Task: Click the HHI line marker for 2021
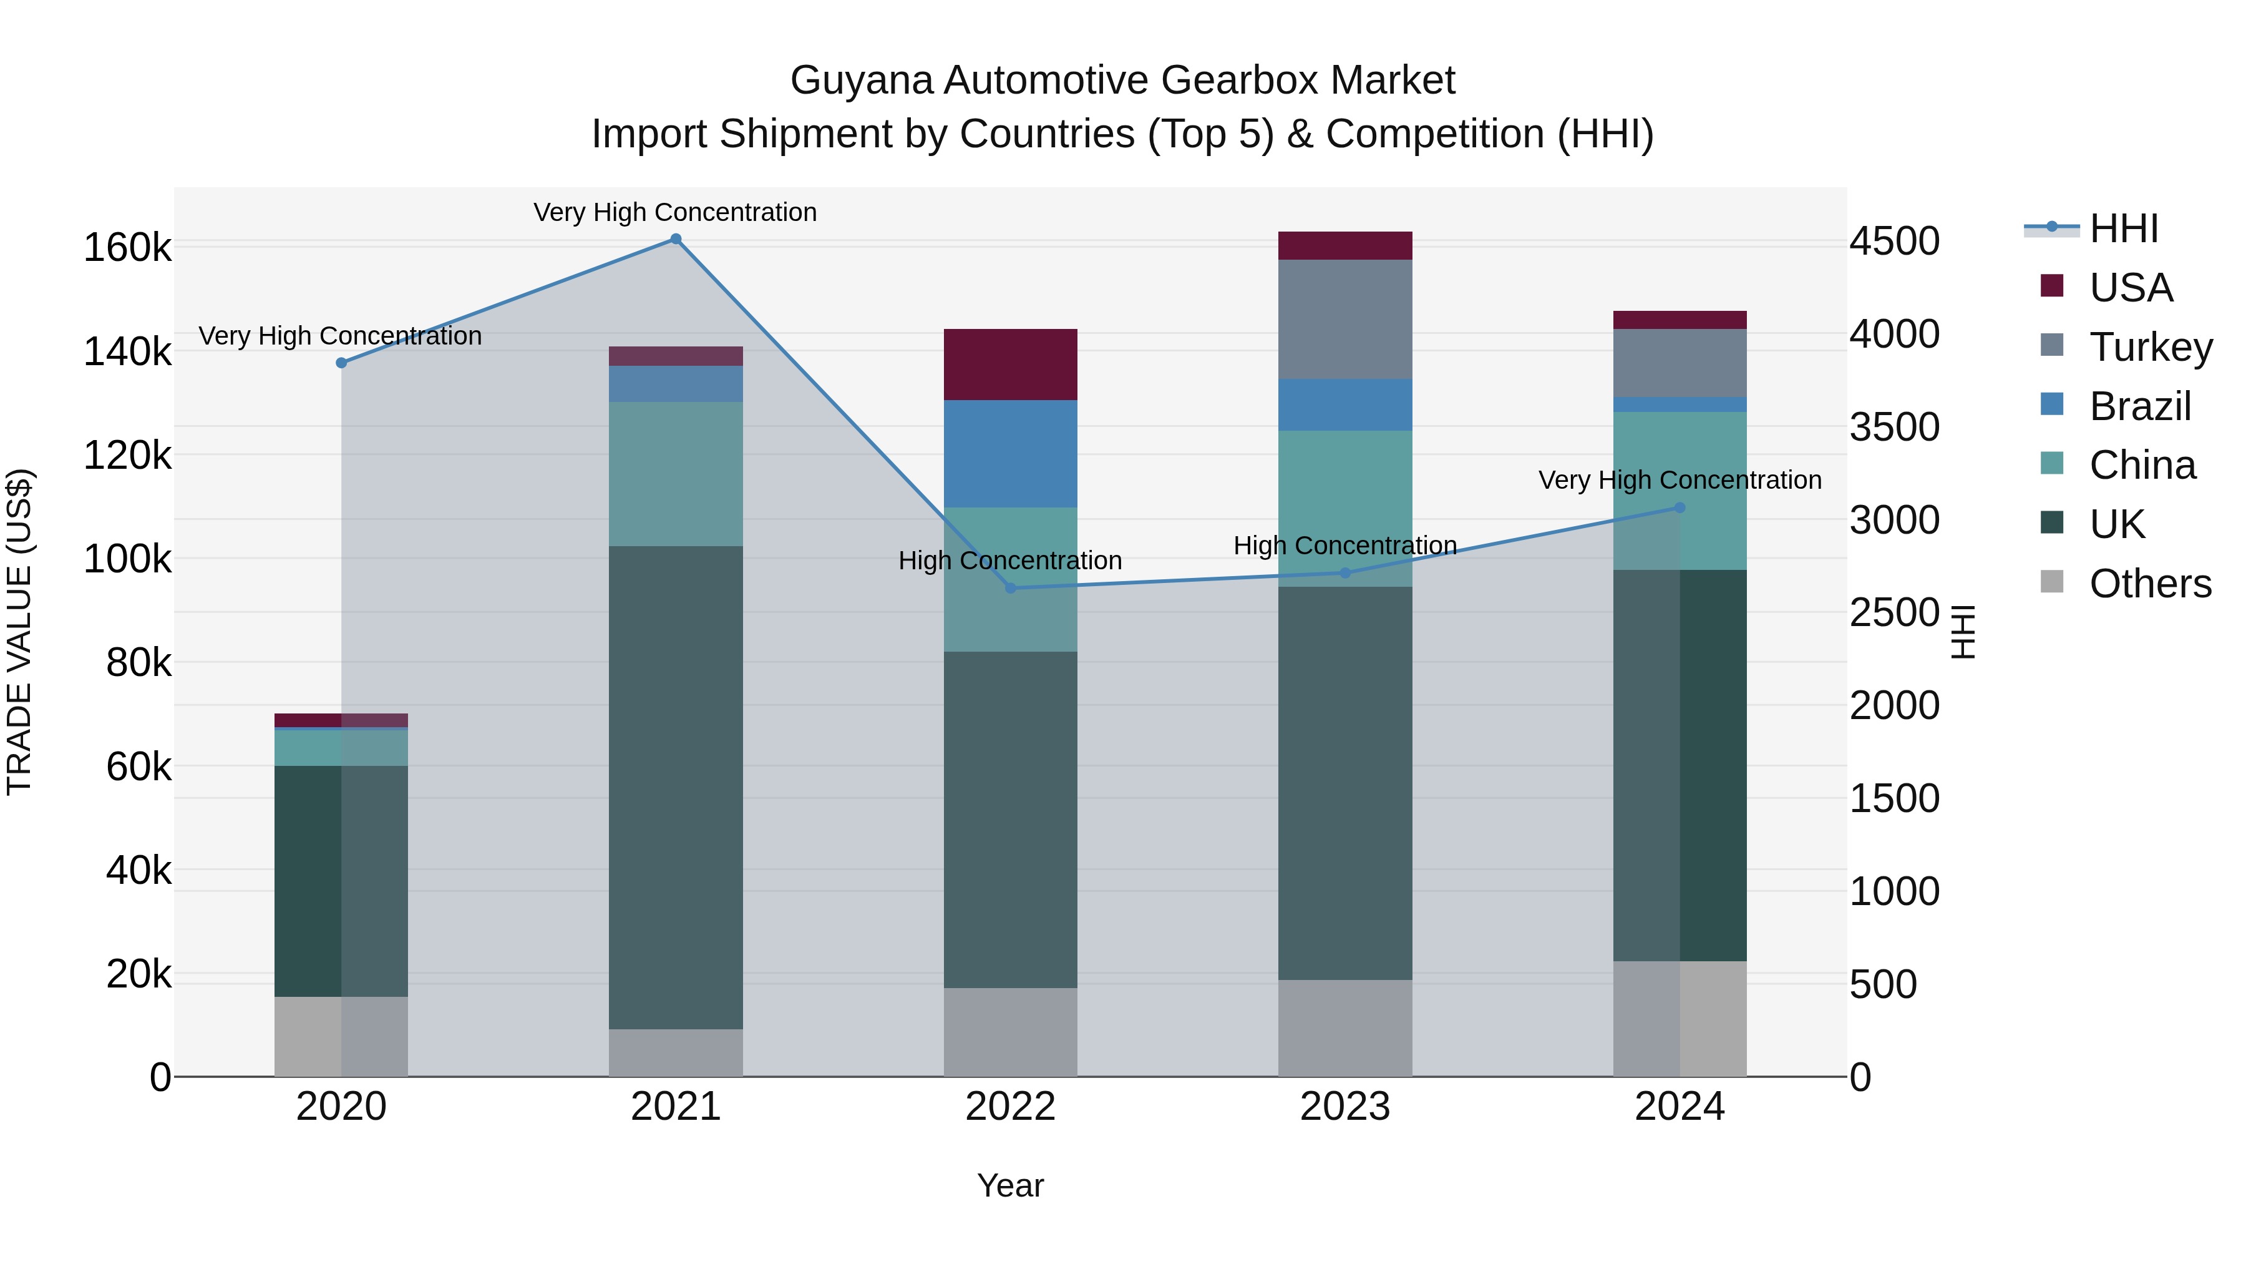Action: [676, 239]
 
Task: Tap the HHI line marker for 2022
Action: [1011, 588]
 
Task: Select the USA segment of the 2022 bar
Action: [1011, 365]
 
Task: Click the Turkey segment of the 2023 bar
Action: [1344, 319]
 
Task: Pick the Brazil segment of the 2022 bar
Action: [1011, 454]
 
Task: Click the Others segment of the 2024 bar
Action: [1680, 1018]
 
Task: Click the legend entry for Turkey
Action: [2150, 347]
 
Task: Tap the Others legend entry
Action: [2150, 584]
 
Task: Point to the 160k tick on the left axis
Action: [127, 248]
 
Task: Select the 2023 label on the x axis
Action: [1344, 1107]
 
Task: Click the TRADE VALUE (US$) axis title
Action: [19, 632]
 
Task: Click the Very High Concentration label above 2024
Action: [1680, 480]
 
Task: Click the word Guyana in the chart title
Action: [862, 81]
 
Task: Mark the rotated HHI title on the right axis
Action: [1963, 632]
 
